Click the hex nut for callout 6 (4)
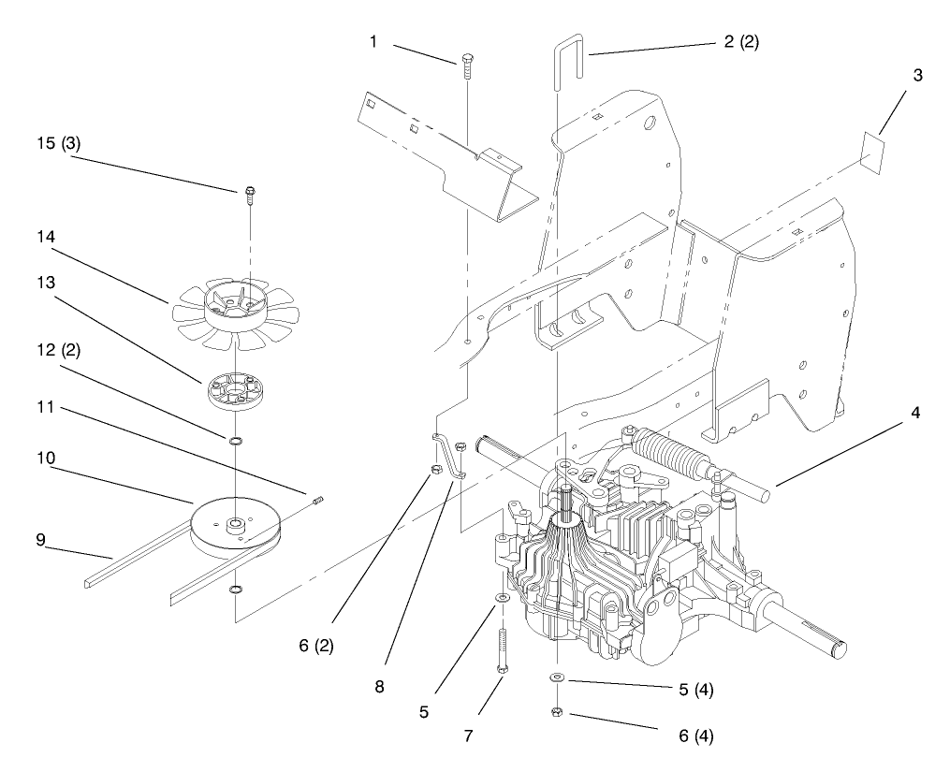point(557,713)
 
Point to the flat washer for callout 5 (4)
point(557,678)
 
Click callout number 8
point(379,686)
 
